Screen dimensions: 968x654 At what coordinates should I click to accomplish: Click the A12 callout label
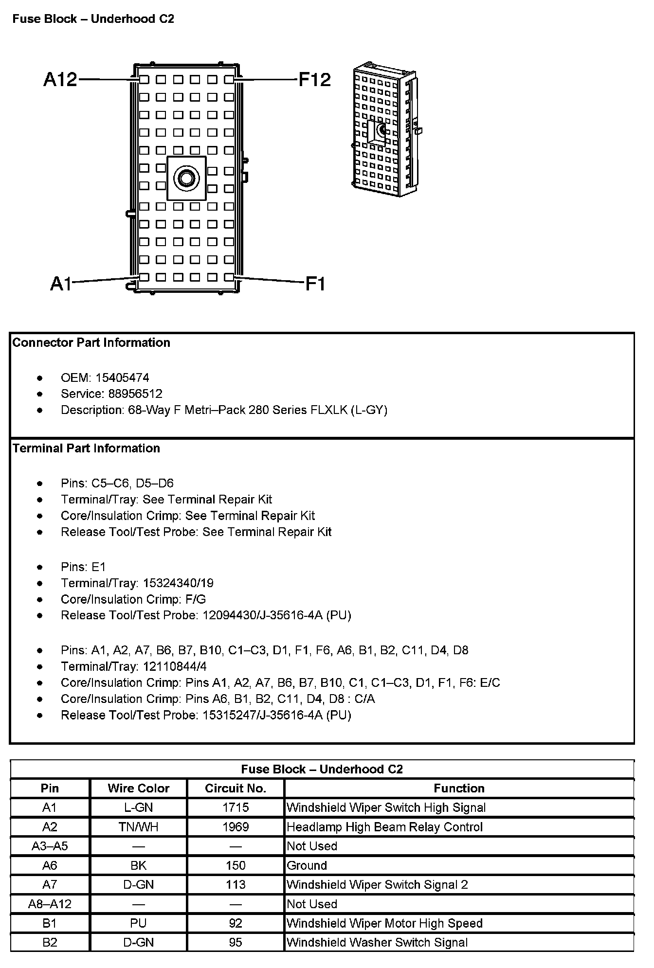(x=60, y=79)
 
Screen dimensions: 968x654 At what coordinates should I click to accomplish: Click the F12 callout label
(x=314, y=79)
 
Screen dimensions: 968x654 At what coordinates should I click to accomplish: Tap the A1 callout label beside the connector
(x=61, y=284)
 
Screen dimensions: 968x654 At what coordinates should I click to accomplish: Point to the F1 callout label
(x=315, y=284)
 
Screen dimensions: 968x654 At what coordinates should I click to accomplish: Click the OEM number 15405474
(x=123, y=377)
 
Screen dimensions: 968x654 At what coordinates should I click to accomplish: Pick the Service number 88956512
(x=135, y=394)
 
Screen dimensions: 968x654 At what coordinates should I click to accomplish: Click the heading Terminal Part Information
(x=86, y=448)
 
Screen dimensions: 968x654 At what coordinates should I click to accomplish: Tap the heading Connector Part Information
(x=91, y=342)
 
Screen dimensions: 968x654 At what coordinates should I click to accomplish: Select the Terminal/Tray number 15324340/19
(x=178, y=583)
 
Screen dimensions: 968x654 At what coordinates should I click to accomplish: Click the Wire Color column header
(x=139, y=788)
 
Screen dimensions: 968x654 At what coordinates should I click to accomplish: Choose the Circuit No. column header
(x=236, y=788)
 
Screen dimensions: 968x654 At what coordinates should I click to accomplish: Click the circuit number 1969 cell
(x=236, y=827)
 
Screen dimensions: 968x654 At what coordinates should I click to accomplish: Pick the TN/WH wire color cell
(x=139, y=827)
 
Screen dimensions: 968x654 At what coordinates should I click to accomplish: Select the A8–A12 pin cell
(x=50, y=904)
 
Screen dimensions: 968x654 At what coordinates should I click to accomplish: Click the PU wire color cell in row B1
(x=139, y=923)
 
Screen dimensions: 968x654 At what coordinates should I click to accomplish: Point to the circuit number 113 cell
(x=236, y=885)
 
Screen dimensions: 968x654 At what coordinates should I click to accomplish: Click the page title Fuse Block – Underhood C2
(x=93, y=19)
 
